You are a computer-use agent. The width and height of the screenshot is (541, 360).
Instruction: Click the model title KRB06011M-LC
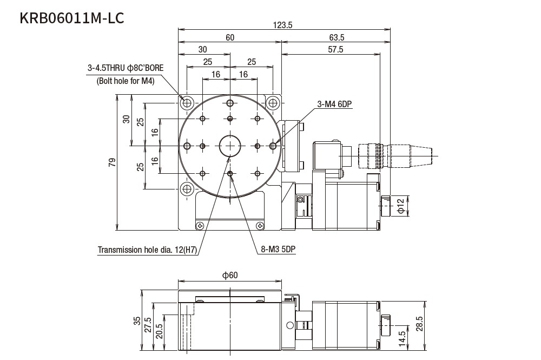tap(72, 18)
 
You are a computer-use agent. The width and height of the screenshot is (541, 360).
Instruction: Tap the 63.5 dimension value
tap(336, 37)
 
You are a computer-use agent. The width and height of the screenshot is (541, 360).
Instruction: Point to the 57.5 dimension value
tap(335, 49)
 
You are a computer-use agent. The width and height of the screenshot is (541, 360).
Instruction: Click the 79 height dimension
tap(112, 162)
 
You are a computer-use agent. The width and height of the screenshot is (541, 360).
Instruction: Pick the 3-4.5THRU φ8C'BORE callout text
tap(126, 68)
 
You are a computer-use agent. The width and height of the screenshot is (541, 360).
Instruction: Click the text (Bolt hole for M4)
tap(126, 81)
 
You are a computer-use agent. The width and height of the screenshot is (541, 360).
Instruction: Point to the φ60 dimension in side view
tap(230, 275)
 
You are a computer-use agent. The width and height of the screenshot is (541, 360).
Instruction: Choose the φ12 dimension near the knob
tap(401, 206)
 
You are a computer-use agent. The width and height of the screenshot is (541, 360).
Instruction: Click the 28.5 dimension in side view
tap(420, 324)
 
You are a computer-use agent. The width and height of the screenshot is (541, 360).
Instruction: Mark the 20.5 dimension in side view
tap(159, 331)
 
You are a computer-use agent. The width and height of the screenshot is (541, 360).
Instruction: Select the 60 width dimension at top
tap(230, 37)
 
